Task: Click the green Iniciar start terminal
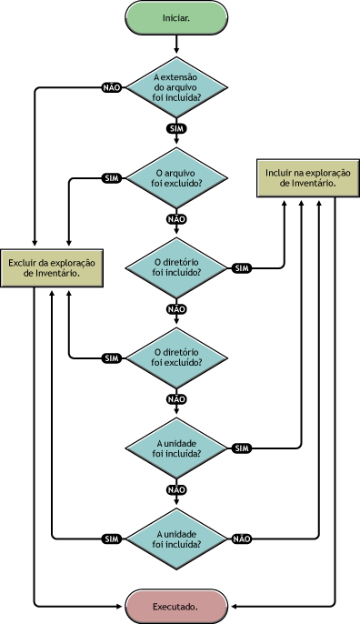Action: [x=177, y=17]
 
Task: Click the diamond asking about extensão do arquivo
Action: [x=177, y=87]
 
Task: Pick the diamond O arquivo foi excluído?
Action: [x=177, y=176]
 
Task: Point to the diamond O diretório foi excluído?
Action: [x=177, y=357]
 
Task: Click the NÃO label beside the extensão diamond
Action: [x=112, y=88]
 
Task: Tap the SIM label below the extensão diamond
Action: [x=177, y=129]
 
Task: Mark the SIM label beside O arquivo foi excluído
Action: [x=112, y=177]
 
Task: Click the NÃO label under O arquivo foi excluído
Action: [x=177, y=219]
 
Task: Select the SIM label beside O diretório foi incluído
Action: [x=242, y=267]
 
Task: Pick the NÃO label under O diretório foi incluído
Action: [x=177, y=309]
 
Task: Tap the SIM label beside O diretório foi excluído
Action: [x=112, y=357]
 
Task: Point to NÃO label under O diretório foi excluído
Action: [x=177, y=399]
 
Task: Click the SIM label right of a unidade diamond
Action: [x=242, y=448]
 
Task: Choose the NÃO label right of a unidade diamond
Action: [x=242, y=538]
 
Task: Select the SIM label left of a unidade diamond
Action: [x=112, y=538]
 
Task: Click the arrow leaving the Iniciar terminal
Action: [x=177, y=42]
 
